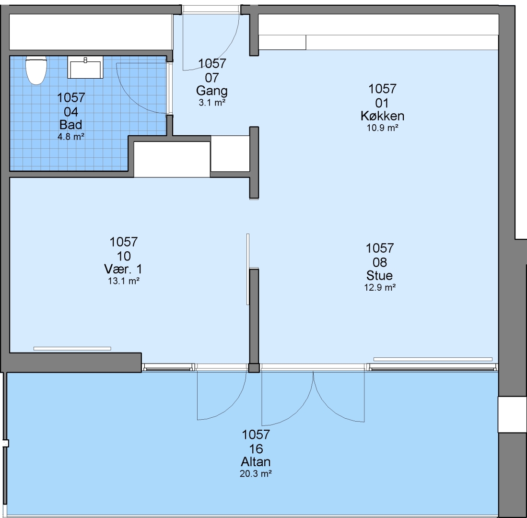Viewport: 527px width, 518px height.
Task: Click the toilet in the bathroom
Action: [x=36, y=70]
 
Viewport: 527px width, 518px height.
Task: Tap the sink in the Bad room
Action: [x=85, y=67]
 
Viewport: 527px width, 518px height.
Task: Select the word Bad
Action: [x=70, y=125]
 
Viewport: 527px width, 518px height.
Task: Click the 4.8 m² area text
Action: [x=70, y=137]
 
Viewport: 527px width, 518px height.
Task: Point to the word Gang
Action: [x=212, y=91]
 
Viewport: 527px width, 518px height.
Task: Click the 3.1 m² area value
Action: [x=212, y=103]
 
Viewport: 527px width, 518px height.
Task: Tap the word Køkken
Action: [x=383, y=116]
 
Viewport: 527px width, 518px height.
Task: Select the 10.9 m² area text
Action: [x=383, y=128]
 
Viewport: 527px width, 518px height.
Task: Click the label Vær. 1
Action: [x=123, y=269]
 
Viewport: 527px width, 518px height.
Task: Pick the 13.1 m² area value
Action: [x=123, y=281]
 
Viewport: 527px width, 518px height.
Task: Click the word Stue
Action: [x=379, y=276]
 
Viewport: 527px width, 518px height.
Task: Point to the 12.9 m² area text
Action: [x=380, y=287]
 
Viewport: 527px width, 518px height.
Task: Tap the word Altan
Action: [x=256, y=462]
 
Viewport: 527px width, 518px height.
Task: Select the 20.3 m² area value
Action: [x=256, y=473]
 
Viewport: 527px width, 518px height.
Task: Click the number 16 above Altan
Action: [x=256, y=449]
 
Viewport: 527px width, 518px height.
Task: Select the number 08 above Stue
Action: [x=380, y=262]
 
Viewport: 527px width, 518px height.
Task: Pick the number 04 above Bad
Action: [x=71, y=112]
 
